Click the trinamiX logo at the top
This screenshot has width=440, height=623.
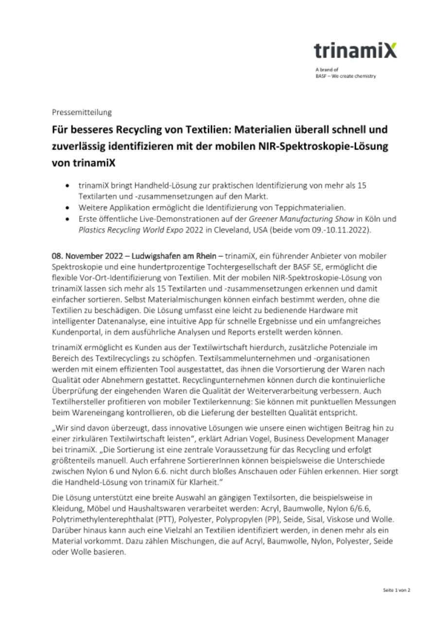click(355, 51)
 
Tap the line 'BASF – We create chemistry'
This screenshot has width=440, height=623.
click(345, 76)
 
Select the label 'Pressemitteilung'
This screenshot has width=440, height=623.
click(82, 112)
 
